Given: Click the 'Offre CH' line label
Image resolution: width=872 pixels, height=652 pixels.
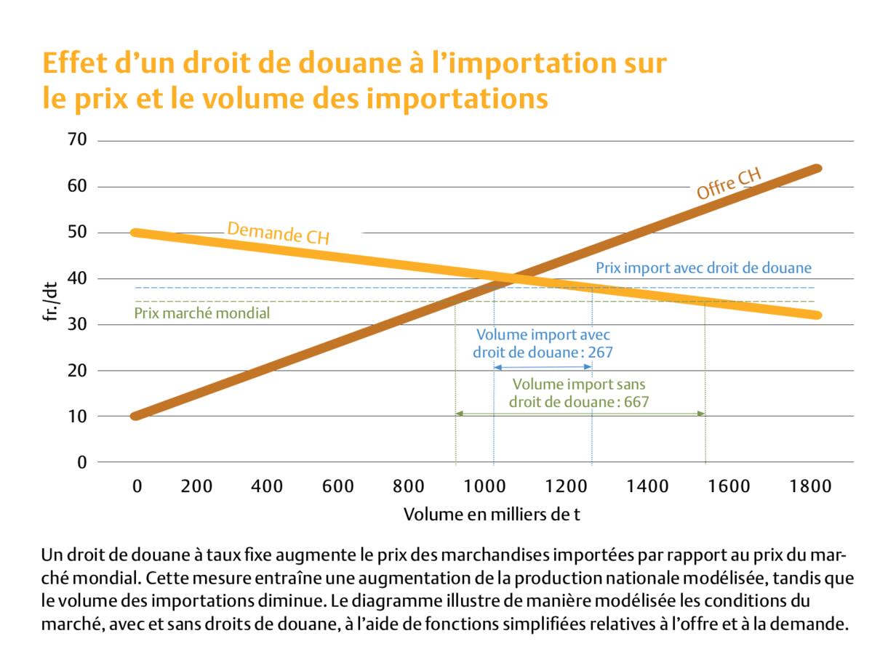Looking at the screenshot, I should [x=729, y=185].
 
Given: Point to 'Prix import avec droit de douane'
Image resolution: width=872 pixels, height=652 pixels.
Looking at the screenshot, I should [x=703, y=267].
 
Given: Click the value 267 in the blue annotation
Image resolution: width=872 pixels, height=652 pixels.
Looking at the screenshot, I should [x=601, y=352].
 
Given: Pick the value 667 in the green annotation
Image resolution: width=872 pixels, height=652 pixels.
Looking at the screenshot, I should [x=637, y=401].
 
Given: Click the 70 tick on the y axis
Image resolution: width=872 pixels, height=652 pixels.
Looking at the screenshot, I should [x=76, y=140].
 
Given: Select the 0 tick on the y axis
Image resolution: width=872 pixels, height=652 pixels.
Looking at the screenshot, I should [x=81, y=462].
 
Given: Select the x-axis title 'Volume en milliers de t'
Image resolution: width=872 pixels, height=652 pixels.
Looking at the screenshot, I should [x=492, y=514].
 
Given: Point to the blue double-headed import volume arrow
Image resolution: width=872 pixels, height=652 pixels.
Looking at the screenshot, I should [x=543, y=368].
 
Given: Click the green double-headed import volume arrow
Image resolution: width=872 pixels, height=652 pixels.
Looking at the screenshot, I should [x=580, y=414].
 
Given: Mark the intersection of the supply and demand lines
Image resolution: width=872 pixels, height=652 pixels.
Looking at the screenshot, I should [x=513, y=276].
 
